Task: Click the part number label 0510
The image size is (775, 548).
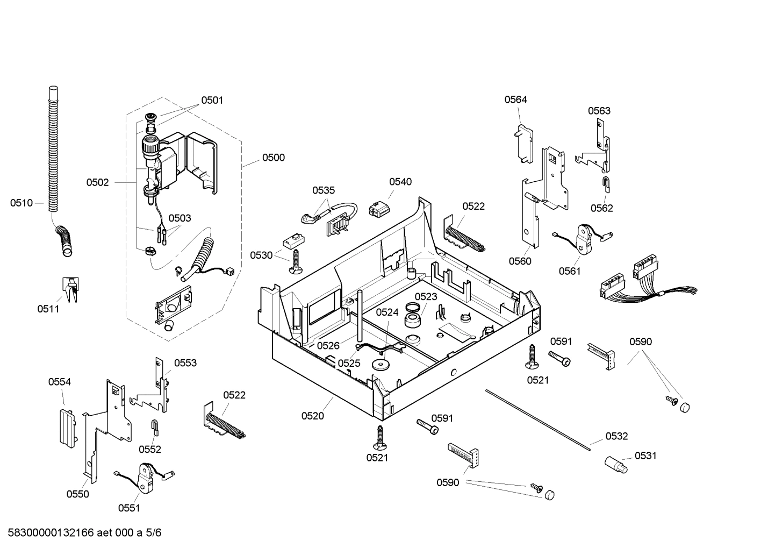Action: (x=21, y=203)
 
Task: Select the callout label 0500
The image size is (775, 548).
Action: (x=274, y=158)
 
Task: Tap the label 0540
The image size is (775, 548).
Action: (x=400, y=182)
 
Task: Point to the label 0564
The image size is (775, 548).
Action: (x=515, y=99)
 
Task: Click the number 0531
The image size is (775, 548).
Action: (x=645, y=456)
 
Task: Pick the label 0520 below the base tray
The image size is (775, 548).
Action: (x=312, y=416)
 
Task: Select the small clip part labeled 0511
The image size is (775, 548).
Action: (x=70, y=289)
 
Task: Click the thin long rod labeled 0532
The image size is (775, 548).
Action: (x=537, y=417)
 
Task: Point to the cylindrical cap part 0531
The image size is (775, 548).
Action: (x=615, y=464)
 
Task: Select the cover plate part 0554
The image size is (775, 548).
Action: (x=66, y=426)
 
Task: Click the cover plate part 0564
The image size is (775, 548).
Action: (x=523, y=143)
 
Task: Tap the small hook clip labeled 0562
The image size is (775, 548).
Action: (x=605, y=184)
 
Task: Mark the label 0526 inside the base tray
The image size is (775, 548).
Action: (x=328, y=346)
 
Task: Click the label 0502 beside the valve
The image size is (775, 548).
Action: (x=97, y=182)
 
